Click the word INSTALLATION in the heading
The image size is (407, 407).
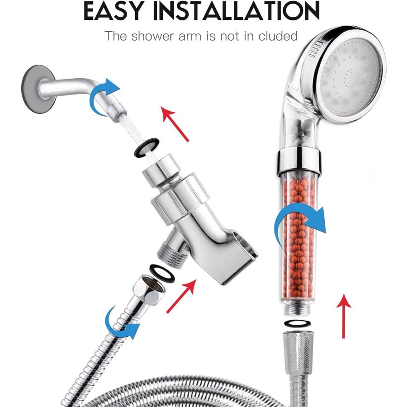[237, 11]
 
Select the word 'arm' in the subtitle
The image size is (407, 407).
[190, 37]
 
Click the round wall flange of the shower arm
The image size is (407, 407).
[38, 89]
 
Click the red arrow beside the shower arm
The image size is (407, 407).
[175, 124]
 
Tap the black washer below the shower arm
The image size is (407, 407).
[147, 147]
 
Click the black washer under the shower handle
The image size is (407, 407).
[298, 323]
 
